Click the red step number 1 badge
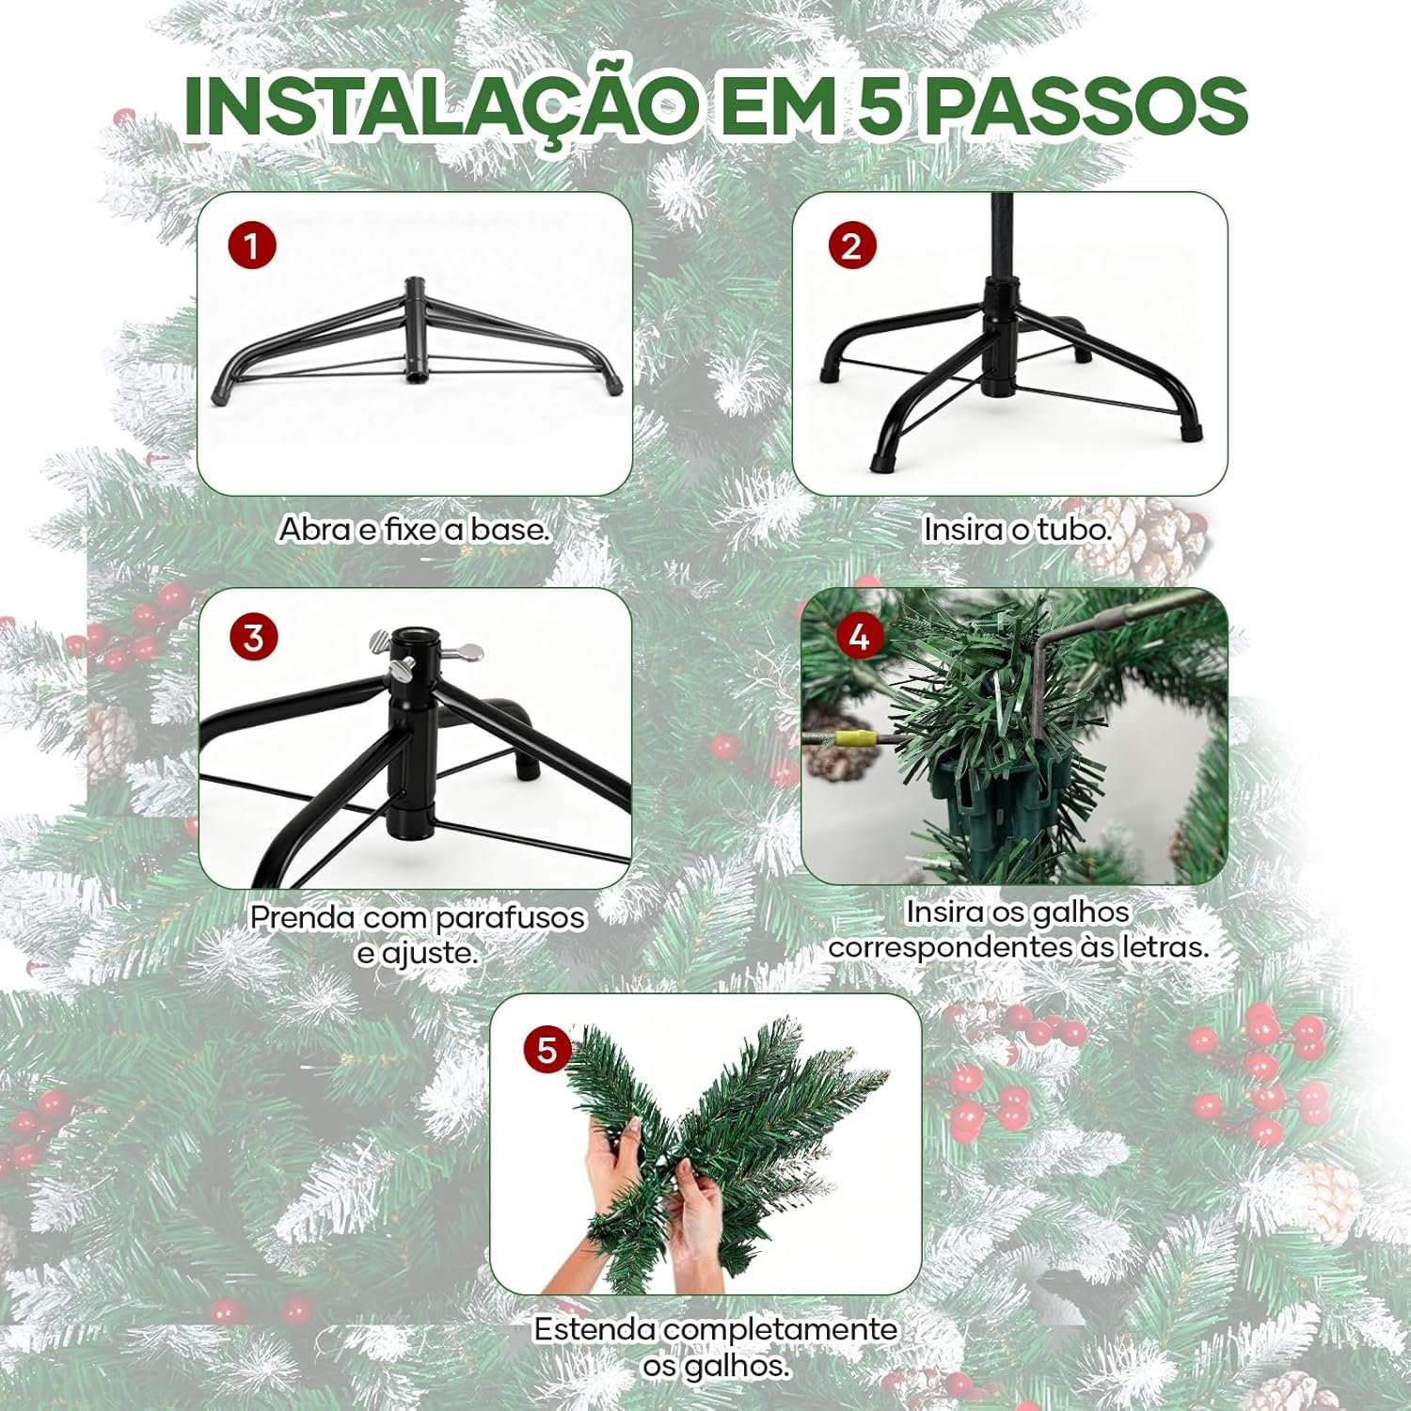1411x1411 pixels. pos(252,246)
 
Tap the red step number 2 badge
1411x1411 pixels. pos(851,246)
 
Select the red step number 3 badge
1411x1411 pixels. pos(253,638)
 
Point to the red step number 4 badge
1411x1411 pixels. pos(859,637)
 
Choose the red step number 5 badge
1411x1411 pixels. pos(547,1049)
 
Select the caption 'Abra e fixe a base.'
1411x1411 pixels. pos(414,530)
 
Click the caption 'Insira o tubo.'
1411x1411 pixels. pos(1017,530)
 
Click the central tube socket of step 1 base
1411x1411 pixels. pos(415,329)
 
